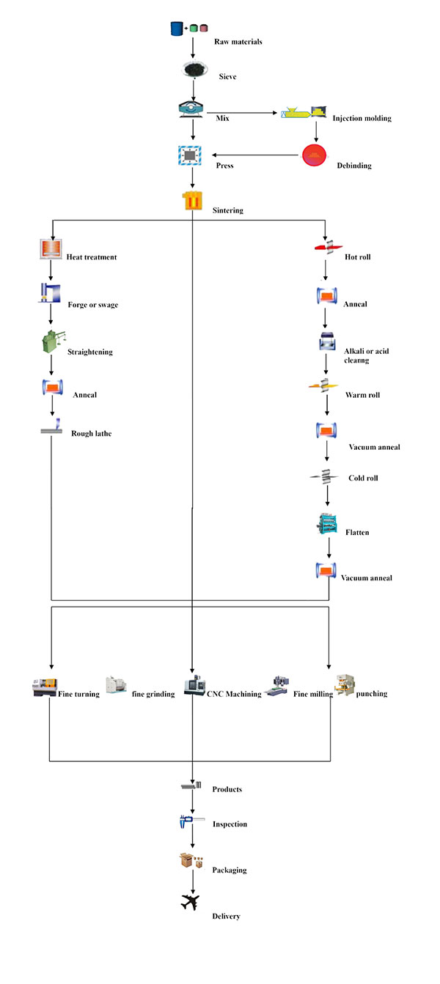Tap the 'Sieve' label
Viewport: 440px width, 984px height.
227,76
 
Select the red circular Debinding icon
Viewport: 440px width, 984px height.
315,155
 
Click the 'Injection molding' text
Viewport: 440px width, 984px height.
362,118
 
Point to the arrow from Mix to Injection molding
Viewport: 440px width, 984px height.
242,113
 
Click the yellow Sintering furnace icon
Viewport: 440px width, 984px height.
193,200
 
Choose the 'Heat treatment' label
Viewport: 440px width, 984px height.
92,257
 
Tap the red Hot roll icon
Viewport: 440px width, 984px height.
328,248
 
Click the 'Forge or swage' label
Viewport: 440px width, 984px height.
92,305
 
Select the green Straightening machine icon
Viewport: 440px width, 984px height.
54,341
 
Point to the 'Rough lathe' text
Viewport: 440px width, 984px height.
92,434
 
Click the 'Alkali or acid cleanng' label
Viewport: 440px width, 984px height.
366,356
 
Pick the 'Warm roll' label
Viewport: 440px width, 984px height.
363,395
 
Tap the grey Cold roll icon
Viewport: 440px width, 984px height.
324,477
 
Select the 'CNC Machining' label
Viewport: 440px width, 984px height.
234,694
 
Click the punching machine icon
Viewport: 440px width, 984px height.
345,685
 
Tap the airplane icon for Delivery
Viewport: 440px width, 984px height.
191,902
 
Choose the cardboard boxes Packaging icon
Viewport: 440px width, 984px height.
191,860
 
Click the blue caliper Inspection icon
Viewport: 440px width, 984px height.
191,821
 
